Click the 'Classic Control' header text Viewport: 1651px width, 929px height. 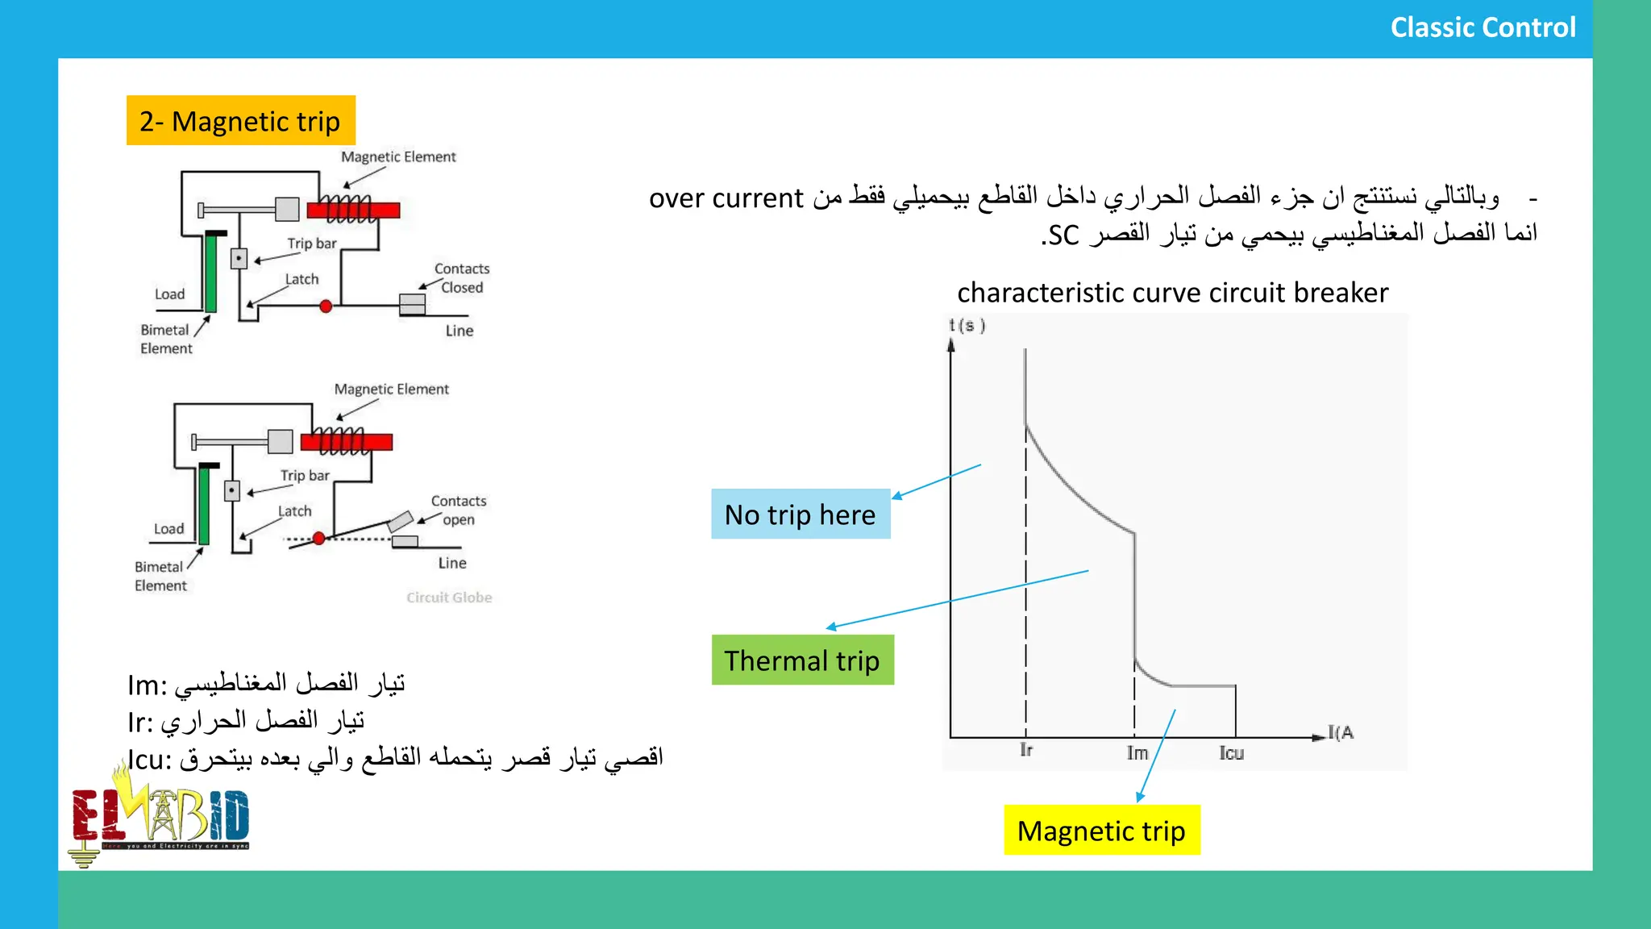point(1482,27)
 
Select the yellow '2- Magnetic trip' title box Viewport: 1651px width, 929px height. point(240,121)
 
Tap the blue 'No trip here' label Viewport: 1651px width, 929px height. point(800,514)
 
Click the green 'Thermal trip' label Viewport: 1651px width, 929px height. point(802,660)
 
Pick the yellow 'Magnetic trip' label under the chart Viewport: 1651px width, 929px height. point(1101,831)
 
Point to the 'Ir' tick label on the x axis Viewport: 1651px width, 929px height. point(1026,750)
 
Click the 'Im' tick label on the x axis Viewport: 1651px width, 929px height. point(1137,753)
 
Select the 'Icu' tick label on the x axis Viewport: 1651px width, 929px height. point(1231,753)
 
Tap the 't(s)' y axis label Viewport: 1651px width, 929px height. point(967,326)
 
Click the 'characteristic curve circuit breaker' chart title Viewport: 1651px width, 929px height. point(1172,293)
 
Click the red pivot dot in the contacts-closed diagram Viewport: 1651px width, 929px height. point(326,306)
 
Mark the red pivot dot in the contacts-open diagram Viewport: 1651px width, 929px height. point(319,538)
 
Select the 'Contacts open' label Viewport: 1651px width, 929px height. point(458,510)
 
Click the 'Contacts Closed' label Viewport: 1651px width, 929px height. point(461,278)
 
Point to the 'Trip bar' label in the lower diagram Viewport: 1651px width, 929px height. point(305,476)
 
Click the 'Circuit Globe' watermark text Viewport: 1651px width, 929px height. point(449,598)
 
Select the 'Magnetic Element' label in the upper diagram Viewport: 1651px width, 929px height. point(398,157)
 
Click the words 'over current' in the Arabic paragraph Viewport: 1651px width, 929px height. point(726,198)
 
